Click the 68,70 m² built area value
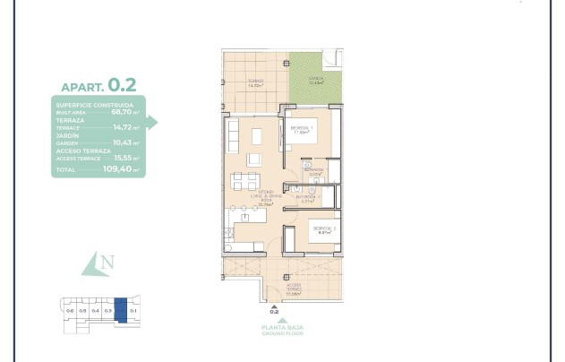tap(124, 112)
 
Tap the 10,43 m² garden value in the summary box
tap(124, 142)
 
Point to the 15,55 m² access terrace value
tap(124, 157)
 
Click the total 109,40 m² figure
tap(121, 168)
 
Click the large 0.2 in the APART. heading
tap(122, 86)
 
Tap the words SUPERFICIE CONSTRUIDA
tap(94, 105)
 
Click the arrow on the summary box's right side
tap(151, 123)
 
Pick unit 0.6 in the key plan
tap(70, 310)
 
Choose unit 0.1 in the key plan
tap(133, 310)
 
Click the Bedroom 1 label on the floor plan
tap(300, 129)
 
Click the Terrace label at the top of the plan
tap(255, 82)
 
